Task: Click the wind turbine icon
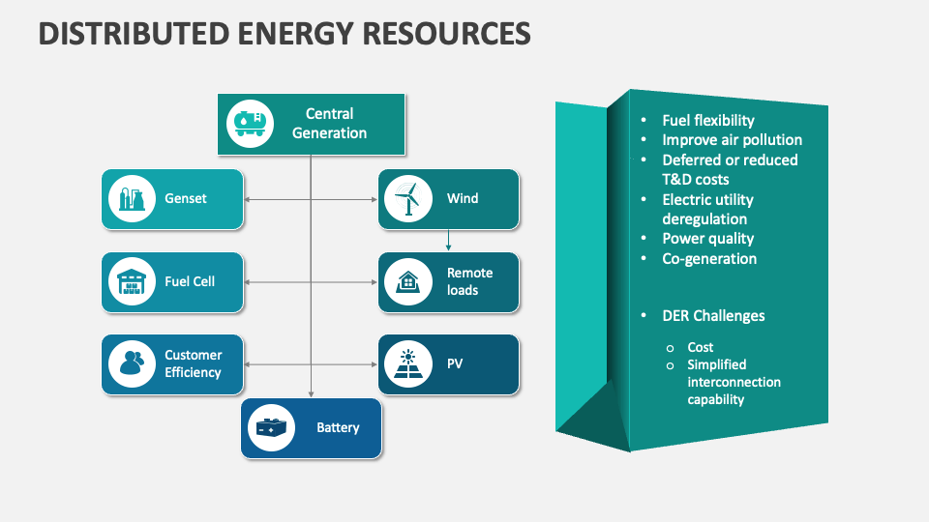pyautogui.click(x=408, y=199)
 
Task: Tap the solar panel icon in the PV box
pyautogui.click(x=408, y=364)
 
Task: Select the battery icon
pyautogui.click(x=271, y=427)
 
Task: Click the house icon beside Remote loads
pyautogui.click(x=408, y=282)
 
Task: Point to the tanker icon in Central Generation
pyautogui.click(x=250, y=124)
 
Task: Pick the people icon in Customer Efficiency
pyautogui.click(x=132, y=364)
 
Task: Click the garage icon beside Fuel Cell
pyautogui.click(x=132, y=282)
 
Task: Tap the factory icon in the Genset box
pyautogui.click(x=132, y=199)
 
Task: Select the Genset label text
pyautogui.click(x=186, y=199)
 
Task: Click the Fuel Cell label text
pyautogui.click(x=190, y=282)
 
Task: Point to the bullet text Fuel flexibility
pyautogui.click(x=707, y=121)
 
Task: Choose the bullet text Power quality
pyautogui.click(x=707, y=239)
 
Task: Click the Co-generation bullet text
pyautogui.click(x=709, y=259)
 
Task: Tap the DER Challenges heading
pyautogui.click(x=713, y=316)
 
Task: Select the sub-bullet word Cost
pyautogui.click(x=701, y=347)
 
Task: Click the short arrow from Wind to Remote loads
pyautogui.click(x=448, y=240)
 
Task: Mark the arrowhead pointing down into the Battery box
pyautogui.click(x=311, y=393)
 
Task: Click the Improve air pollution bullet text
pyautogui.click(x=732, y=140)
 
